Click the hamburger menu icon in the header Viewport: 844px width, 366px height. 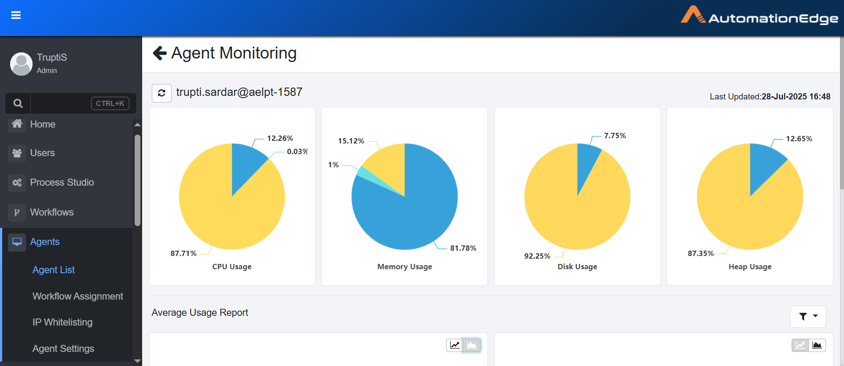[x=16, y=15]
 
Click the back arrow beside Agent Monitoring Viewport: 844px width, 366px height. [x=159, y=53]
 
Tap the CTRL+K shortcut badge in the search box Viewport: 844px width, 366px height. [x=110, y=103]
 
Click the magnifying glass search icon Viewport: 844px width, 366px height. [x=18, y=103]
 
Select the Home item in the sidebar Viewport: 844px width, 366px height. [x=42, y=124]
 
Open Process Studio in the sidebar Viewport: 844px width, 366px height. [x=62, y=183]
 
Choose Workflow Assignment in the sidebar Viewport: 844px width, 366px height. [x=77, y=296]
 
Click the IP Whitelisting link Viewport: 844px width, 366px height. [x=62, y=322]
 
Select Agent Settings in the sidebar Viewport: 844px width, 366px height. [x=63, y=349]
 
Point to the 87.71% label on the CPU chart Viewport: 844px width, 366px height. [x=183, y=253]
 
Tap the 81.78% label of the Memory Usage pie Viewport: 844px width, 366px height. [x=463, y=248]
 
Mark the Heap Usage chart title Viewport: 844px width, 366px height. [x=750, y=267]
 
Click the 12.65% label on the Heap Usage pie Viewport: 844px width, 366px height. [x=799, y=139]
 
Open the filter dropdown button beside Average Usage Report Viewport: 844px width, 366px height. [x=808, y=316]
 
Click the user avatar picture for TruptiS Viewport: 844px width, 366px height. [x=21, y=64]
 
